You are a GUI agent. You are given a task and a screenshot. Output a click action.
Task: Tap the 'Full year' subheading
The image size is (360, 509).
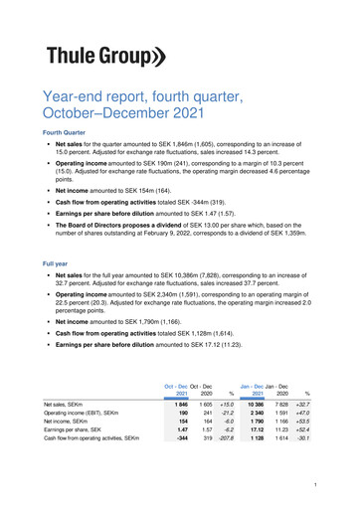point(58,264)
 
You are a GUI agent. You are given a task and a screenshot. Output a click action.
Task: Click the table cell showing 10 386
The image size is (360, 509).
point(256,406)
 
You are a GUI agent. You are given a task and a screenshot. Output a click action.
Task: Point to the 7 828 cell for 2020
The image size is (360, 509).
point(280,406)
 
